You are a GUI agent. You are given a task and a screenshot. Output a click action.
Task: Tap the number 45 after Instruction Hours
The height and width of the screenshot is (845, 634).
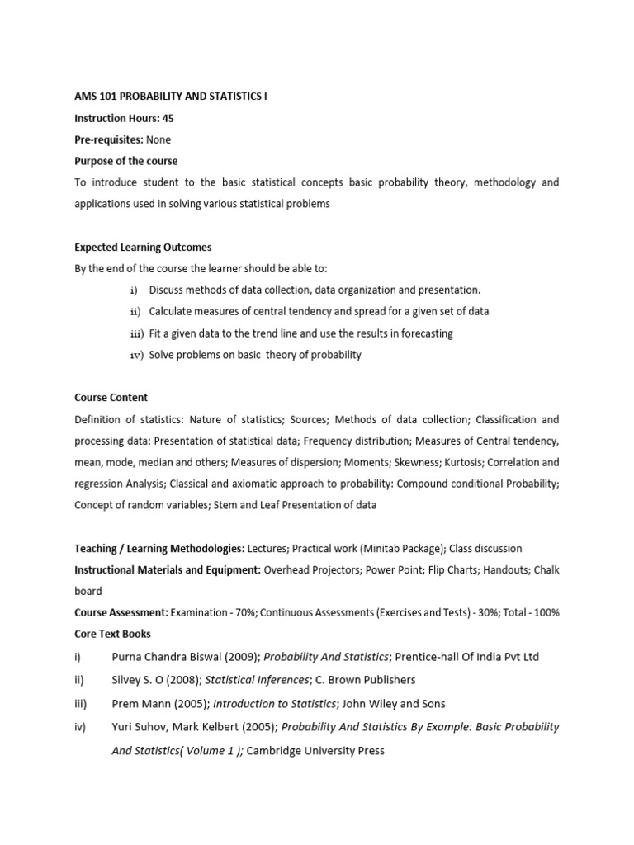click(x=168, y=119)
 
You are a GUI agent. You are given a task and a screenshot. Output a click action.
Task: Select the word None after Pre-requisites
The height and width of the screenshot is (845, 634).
click(x=158, y=140)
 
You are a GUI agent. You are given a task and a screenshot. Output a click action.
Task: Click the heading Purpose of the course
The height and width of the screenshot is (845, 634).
click(x=125, y=162)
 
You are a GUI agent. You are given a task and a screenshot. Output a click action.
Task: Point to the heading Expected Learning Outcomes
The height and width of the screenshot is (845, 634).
click(x=144, y=248)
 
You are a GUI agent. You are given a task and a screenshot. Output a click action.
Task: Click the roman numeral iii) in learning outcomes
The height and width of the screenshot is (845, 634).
click(x=136, y=334)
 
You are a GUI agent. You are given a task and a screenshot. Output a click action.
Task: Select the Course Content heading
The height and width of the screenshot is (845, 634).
click(x=111, y=398)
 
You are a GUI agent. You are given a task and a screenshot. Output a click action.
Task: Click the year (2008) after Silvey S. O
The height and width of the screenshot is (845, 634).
click(x=184, y=680)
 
